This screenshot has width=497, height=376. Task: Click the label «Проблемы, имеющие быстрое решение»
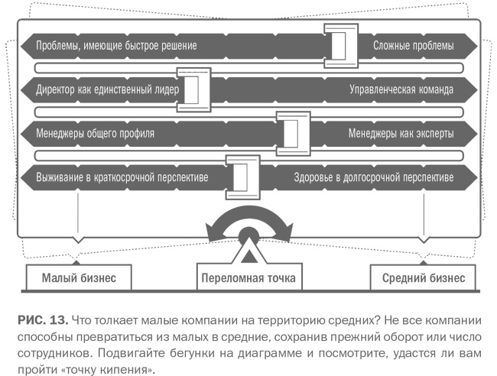(x=115, y=46)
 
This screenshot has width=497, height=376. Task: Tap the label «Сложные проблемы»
(x=413, y=46)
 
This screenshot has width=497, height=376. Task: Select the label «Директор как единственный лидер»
(x=107, y=89)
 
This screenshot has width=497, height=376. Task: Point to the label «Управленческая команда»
(x=401, y=89)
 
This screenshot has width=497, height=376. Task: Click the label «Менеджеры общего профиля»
(x=95, y=133)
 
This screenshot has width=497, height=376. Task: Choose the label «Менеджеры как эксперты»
(x=401, y=133)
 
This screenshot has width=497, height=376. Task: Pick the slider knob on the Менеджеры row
(x=292, y=131)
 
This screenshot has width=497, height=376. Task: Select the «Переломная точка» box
(x=248, y=277)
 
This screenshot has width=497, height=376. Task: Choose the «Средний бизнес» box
(x=423, y=277)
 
